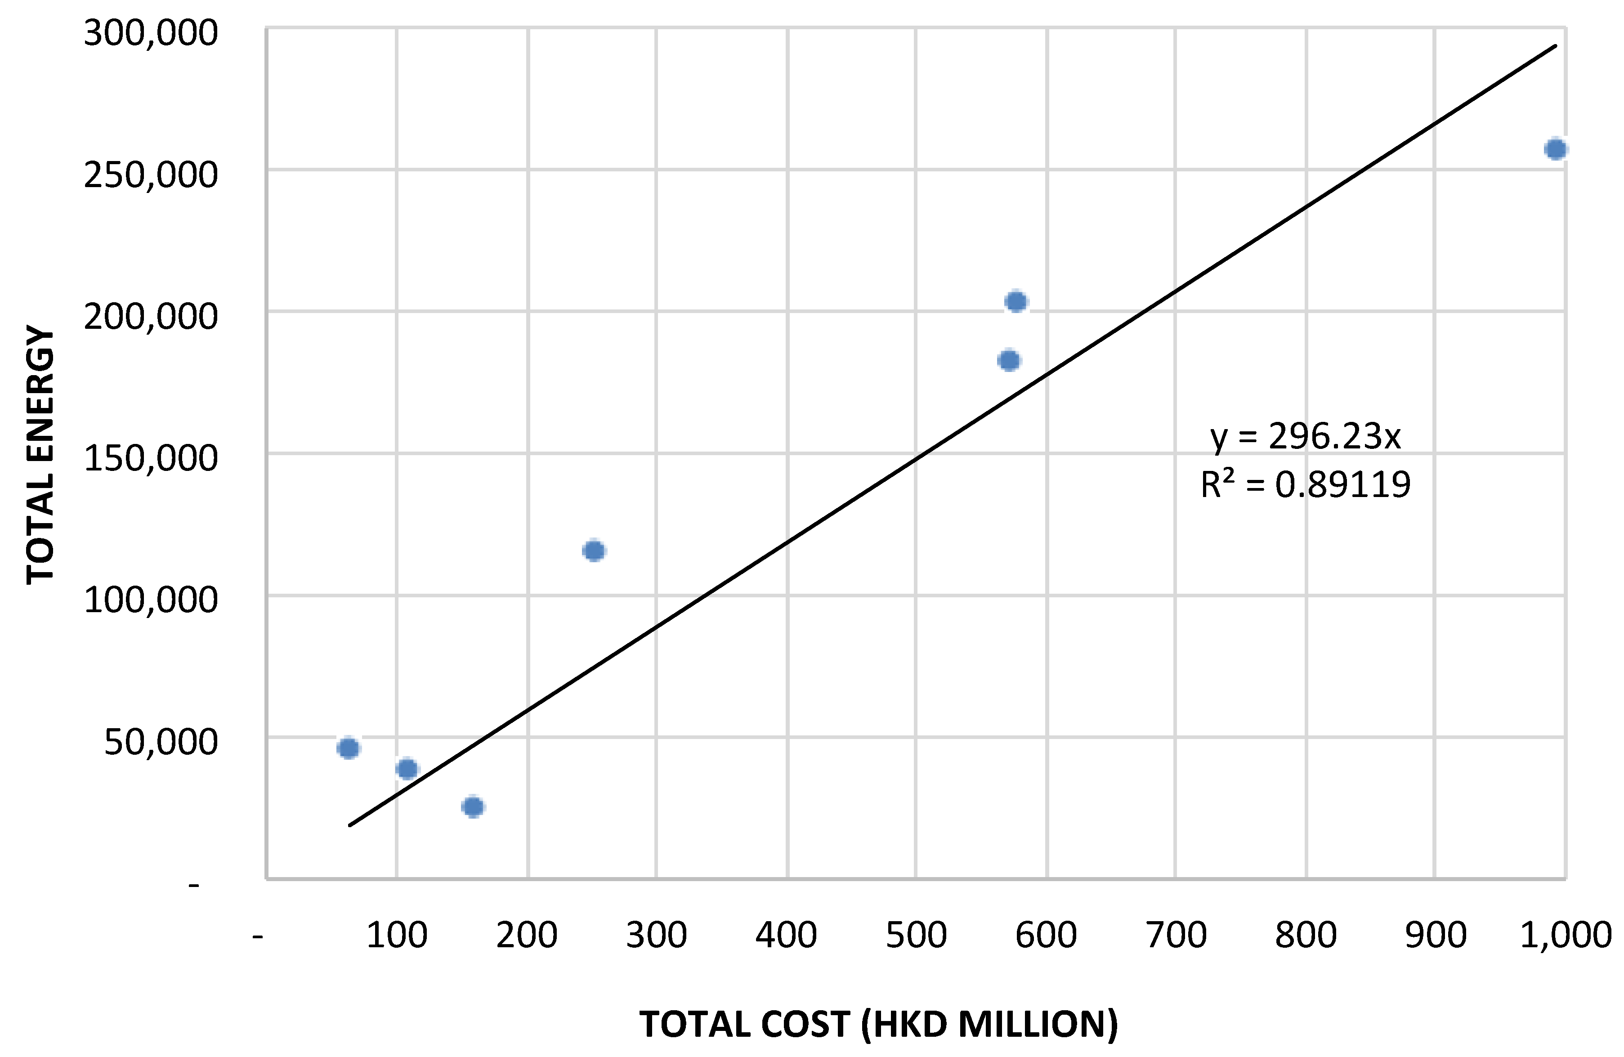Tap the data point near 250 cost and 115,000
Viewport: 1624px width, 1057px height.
point(595,551)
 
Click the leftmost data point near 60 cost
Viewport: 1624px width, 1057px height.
point(348,748)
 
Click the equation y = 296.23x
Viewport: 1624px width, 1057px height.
point(1305,437)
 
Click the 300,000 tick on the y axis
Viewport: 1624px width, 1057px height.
point(150,33)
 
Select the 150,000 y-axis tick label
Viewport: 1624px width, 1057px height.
point(150,458)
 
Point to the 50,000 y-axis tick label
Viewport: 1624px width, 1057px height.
point(161,743)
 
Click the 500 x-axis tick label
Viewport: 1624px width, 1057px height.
point(916,935)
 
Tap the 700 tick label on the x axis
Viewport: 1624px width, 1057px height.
point(1176,935)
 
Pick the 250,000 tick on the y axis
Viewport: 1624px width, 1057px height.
point(150,175)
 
